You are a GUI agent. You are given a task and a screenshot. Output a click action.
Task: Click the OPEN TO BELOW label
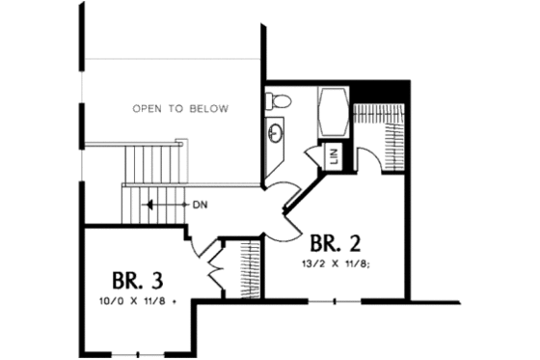tap(180, 109)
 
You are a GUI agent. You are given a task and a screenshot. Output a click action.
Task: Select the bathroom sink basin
tap(276, 133)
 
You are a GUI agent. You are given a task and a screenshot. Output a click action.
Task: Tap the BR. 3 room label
tap(137, 281)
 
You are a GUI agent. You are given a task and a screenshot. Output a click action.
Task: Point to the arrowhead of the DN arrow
tap(147, 205)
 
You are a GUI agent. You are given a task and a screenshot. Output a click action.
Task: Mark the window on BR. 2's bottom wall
tap(335, 301)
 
